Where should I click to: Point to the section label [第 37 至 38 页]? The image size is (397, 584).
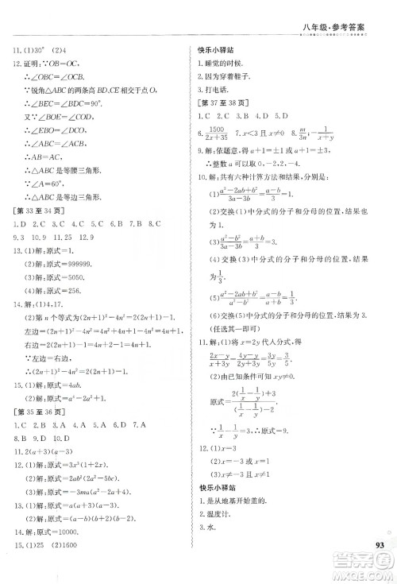pyautogui.click(x=226, y=106)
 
